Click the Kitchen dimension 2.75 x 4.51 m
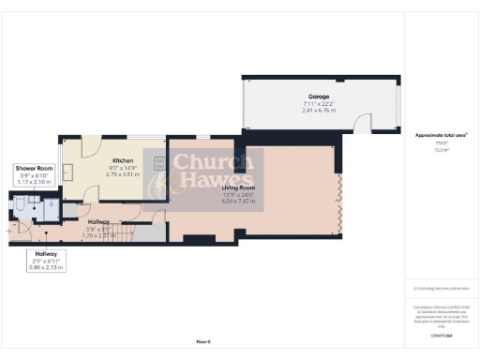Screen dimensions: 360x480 pyautogui.click(x=124, y=174)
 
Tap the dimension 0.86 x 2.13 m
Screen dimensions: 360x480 pyautogui.click(x=46, y=268)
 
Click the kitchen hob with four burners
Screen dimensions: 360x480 pyautogui.click(x=158, y=165)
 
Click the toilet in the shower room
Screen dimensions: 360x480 pyautogui.click(x=22, y=207)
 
